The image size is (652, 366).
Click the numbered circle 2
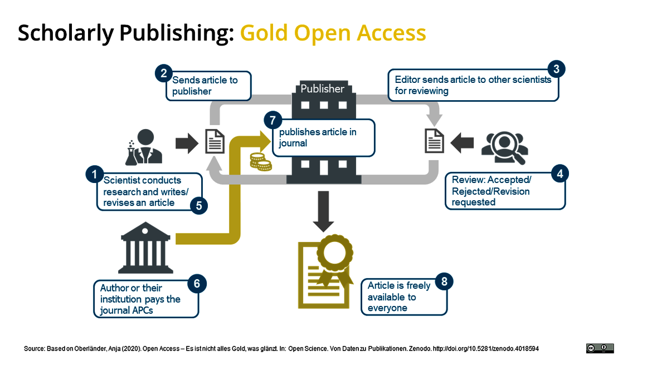pyautogui.click(x=163, y=74)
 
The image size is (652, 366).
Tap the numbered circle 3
pyautogui.click(x=556, y=70)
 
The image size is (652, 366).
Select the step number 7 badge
pyautogui.click(x=273, y=121)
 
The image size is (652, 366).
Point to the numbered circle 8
pyautogui.click(x=444, y=282)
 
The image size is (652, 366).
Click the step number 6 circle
pyautogui.click(x=197, y=284)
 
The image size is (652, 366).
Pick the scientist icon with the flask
pyautogui.click(x=144, y=147)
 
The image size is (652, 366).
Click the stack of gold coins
pyautogui.click(x=261, y=162)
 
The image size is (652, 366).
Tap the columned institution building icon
pyautogui.click(x=145, y=248)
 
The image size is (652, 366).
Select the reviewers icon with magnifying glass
pyautogui.click(x=505, y=148)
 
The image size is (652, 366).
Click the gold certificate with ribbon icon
pyautogui.click(x=325, y=272)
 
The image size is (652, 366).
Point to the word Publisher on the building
pyautogui.click(x=322, y=89)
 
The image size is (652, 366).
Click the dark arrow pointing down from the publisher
pyautogui.click(x=323, y=211)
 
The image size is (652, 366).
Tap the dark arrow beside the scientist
pyautogui.click(x=187, y=144)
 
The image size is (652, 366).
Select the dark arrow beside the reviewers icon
pyautogui.click(x=462, y=143)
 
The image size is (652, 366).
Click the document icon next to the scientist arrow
pyautogui.click(x=215, y=141)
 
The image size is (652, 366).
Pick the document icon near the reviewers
pyautogui.click(x=434, y=141)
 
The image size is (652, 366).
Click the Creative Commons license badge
pyautogui.click(x=600, y=348)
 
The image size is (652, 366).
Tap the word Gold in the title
pyautogui.click(x=264, y=33)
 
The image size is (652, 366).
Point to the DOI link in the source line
pyautogui.click(x=486, y=349)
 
